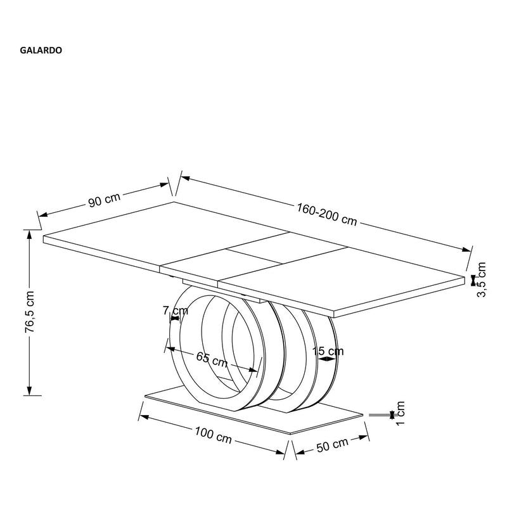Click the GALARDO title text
(41, 51)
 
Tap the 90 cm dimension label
(104, 200)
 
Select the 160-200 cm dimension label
(327, 214)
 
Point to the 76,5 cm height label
(29, 312)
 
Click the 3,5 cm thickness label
(481, 279)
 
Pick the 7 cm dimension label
(176, 311)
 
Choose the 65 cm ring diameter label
(212, 359)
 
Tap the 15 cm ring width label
(328, 351)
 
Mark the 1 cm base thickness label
(400, 413)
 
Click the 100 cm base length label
(213, 435)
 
